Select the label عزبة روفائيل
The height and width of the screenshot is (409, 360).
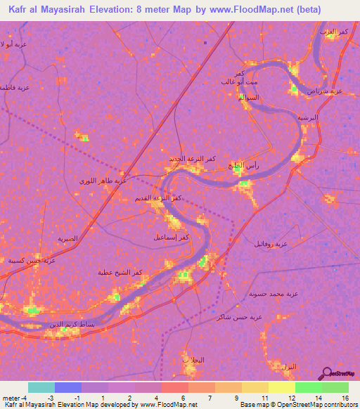tap(271, 243)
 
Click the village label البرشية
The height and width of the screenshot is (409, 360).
tap(308, 117)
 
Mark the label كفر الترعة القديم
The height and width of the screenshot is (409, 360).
tap(158, 199)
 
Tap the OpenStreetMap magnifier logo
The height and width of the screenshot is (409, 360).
tap(326, 372)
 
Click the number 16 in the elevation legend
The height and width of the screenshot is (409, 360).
tap(336, 398)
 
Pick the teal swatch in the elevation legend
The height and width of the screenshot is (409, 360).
tap(41, 387)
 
